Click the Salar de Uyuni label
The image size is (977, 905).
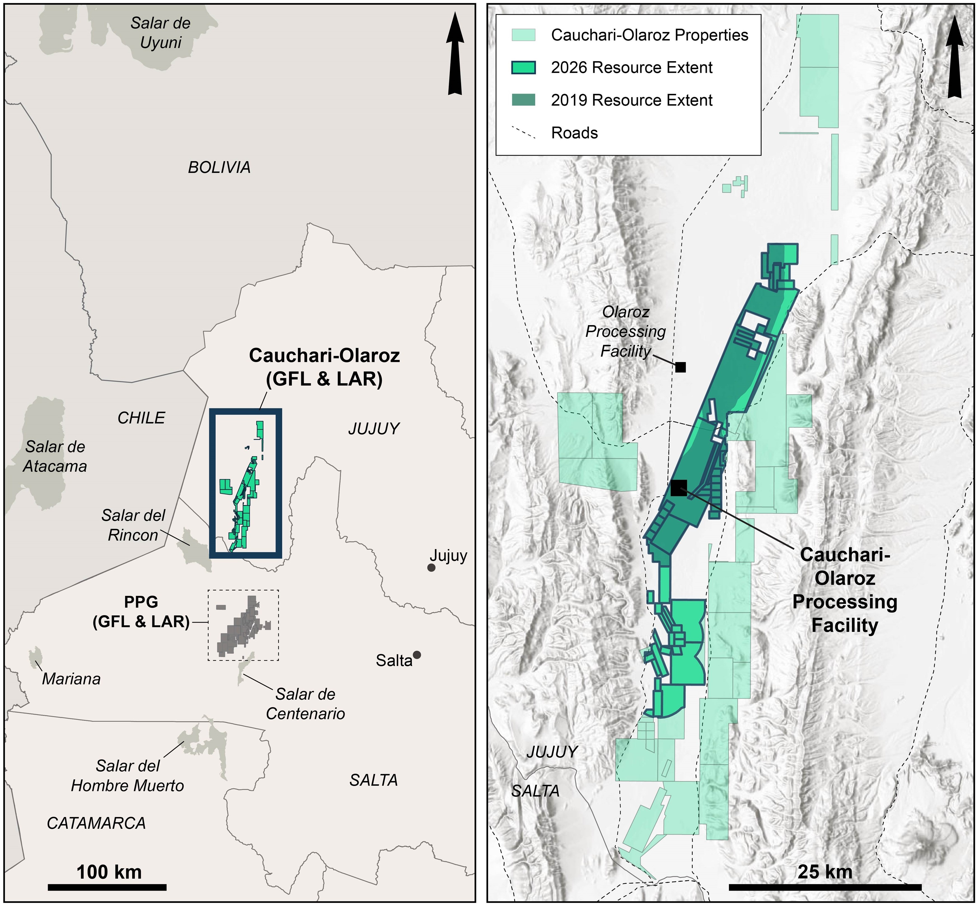point(160,33)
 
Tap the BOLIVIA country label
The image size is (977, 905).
point(219,168)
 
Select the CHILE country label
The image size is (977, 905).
point(141,418)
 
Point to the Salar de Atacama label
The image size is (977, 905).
point(55,456)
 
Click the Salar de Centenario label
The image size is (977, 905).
point(305,704)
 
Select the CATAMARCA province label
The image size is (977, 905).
point(96,823)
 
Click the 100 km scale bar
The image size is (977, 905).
point(107,887)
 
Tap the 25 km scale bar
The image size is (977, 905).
point(825,887)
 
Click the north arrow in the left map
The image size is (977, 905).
point(455,54)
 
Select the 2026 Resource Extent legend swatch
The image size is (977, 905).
point(523,68)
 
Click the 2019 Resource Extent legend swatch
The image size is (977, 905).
point(523,100)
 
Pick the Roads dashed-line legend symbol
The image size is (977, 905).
point(523,133)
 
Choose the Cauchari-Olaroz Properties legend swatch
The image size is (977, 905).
point(523,35)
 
